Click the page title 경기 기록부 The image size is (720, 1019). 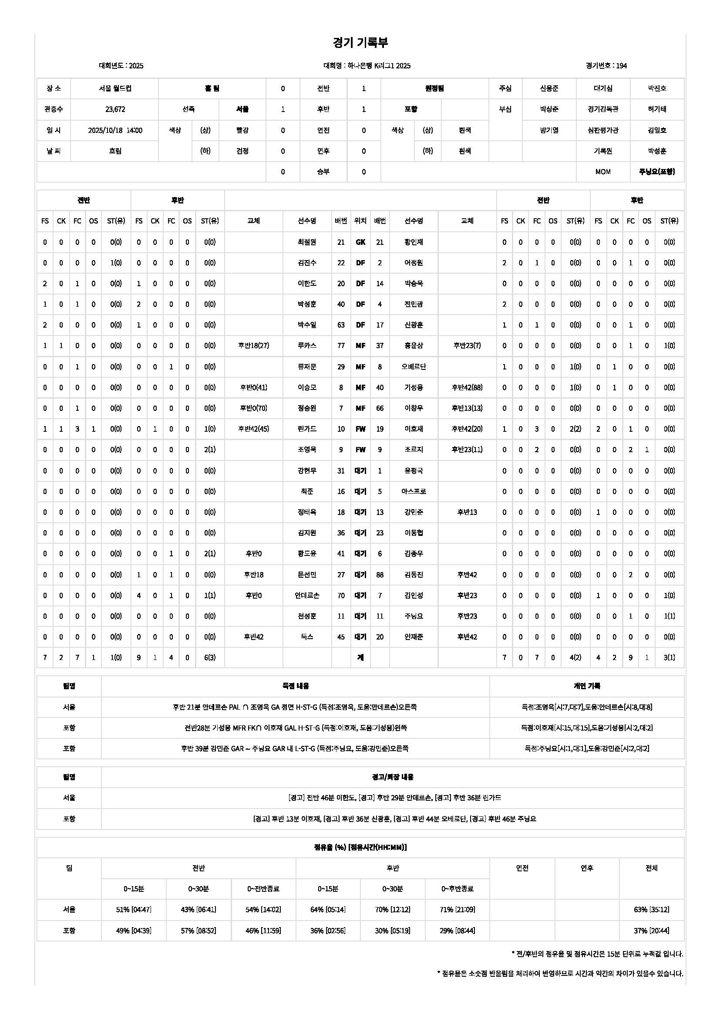click(x=360, y=43)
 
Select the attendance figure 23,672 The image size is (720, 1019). click(x=115, y=109)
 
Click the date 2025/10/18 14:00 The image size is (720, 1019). click(x=115, y=131)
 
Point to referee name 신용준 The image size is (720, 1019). click(x=549, y=88)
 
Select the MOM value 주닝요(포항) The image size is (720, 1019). click(x=656, y=172)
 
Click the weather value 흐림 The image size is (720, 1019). click(x=115, y=151)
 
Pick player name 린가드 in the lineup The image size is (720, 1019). click(x=307, y=429)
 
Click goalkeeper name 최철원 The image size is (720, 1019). click(x=307, y=242)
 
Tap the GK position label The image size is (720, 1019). click(x=360, y=242)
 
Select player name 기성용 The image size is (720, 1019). click(x=413, y=387)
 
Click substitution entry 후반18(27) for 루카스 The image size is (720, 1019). click(x=253, y=346)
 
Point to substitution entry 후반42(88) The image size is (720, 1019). click(x=467, y=387)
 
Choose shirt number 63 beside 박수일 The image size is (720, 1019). click(x=340, y=325)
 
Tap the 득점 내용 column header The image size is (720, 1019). click(x=295, y=686)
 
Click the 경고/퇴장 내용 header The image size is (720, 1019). click(x=392, y=777)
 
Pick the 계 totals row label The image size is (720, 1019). click(x=360, y=657)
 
